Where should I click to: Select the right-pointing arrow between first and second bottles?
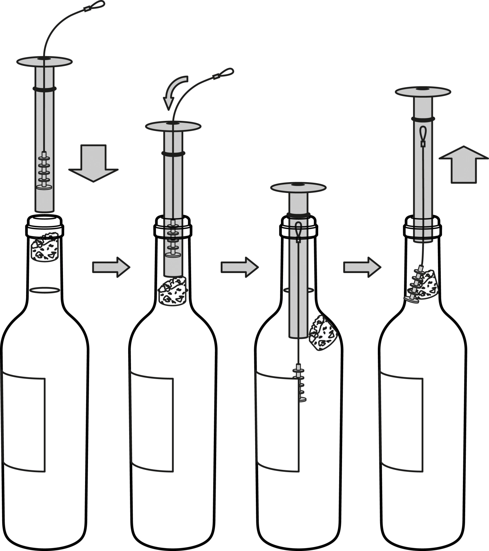tap(111, 267)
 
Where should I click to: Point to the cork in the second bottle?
tap(172, 291)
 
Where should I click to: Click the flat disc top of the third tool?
tap(298, 187)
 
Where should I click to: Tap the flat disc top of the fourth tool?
tap(423, 92)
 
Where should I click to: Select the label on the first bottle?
tap(23, 424)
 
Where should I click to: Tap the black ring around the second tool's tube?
tap(173, 153)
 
